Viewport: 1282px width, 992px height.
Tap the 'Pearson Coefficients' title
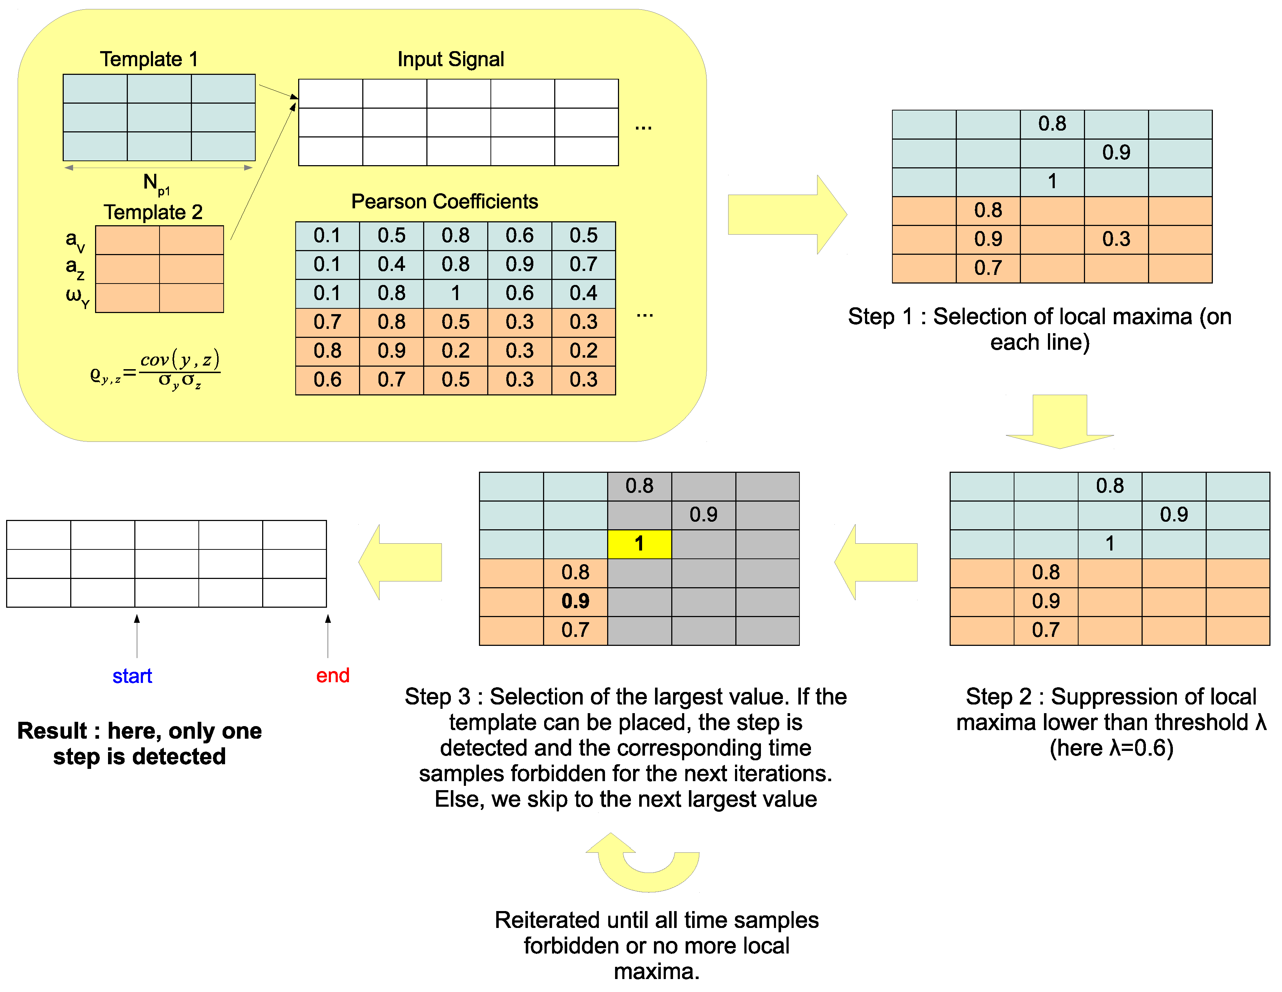tap(444, 201)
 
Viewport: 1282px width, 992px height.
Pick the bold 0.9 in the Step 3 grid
tap(575, 601)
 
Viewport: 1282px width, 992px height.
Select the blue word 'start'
tap(132, 676)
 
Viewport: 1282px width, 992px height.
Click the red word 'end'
tap(332, 675)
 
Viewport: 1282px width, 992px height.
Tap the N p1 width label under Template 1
tap(156, 184)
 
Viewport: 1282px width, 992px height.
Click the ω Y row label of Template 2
tap(77, 296)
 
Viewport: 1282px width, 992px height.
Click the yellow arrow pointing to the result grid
tap(400, 562)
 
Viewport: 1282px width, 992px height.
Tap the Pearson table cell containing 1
tap(456, 293)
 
